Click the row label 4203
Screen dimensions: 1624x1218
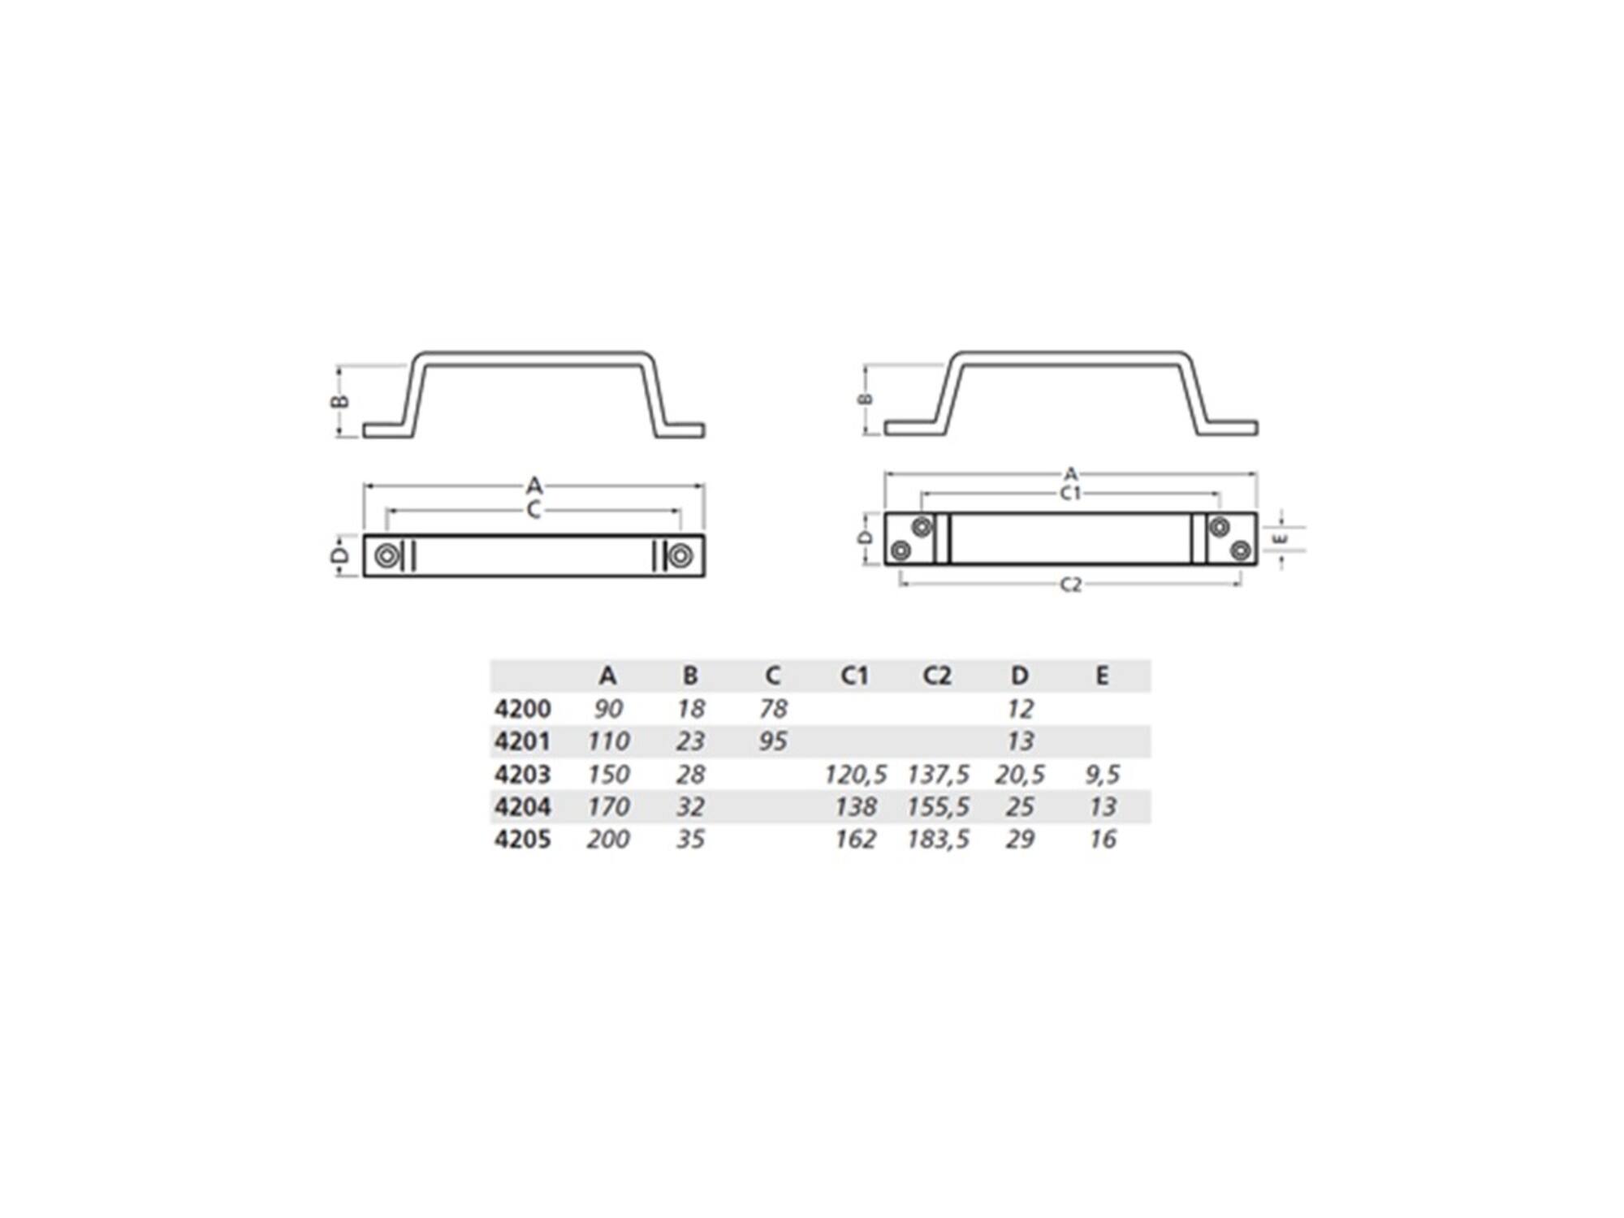click(522, 774)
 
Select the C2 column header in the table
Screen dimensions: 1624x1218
click(937, 676)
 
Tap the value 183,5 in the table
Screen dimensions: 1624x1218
click(938, 839)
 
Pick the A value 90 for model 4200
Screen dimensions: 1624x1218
click(608, 709)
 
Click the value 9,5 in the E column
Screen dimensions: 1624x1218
click(1103, 774)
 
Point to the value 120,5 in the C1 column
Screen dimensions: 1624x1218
click(855, 774)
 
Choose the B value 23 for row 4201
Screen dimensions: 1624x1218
click(690, 741)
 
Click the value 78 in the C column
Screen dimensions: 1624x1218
click(773, 709)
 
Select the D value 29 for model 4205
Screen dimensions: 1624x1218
click(1020, 839)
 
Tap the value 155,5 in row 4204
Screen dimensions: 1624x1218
click(938, 806)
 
